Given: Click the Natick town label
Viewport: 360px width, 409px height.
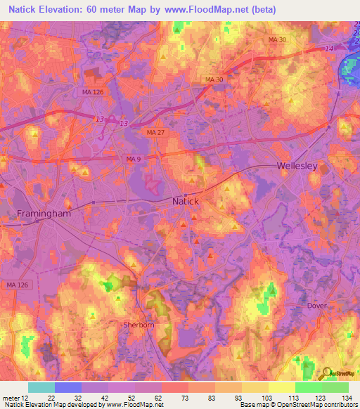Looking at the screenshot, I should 186,201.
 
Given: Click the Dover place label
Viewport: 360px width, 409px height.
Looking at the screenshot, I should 319,306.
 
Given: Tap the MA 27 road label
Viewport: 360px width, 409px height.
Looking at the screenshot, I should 155,132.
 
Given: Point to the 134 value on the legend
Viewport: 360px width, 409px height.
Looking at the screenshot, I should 348,398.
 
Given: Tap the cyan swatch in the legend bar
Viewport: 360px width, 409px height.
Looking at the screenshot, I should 41,387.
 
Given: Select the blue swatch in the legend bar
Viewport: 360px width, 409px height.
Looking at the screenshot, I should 68,387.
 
